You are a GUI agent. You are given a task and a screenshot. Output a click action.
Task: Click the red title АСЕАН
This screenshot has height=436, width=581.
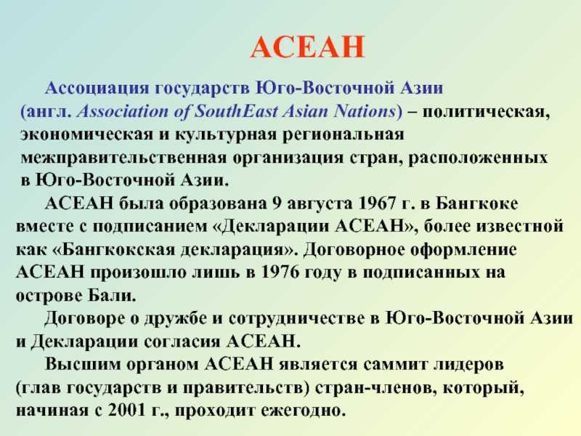click(307, 47)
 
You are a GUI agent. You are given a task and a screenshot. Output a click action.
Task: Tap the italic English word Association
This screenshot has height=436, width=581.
click(122, 111)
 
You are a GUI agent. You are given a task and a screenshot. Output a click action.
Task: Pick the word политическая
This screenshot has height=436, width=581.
click(486, 112)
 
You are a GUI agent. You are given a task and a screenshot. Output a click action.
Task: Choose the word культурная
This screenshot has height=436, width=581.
click(226, 134)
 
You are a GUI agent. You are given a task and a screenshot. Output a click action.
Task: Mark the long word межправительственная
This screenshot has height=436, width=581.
click(123, 158)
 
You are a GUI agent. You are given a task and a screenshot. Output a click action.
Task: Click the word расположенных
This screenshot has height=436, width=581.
click(478, 158)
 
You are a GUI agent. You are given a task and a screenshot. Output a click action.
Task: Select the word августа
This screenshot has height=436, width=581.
click(320, 204)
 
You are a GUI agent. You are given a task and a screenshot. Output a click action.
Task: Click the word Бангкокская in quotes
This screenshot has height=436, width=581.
click(118, 249)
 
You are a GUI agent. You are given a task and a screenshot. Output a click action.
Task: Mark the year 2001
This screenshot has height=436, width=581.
click(126, 411)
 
